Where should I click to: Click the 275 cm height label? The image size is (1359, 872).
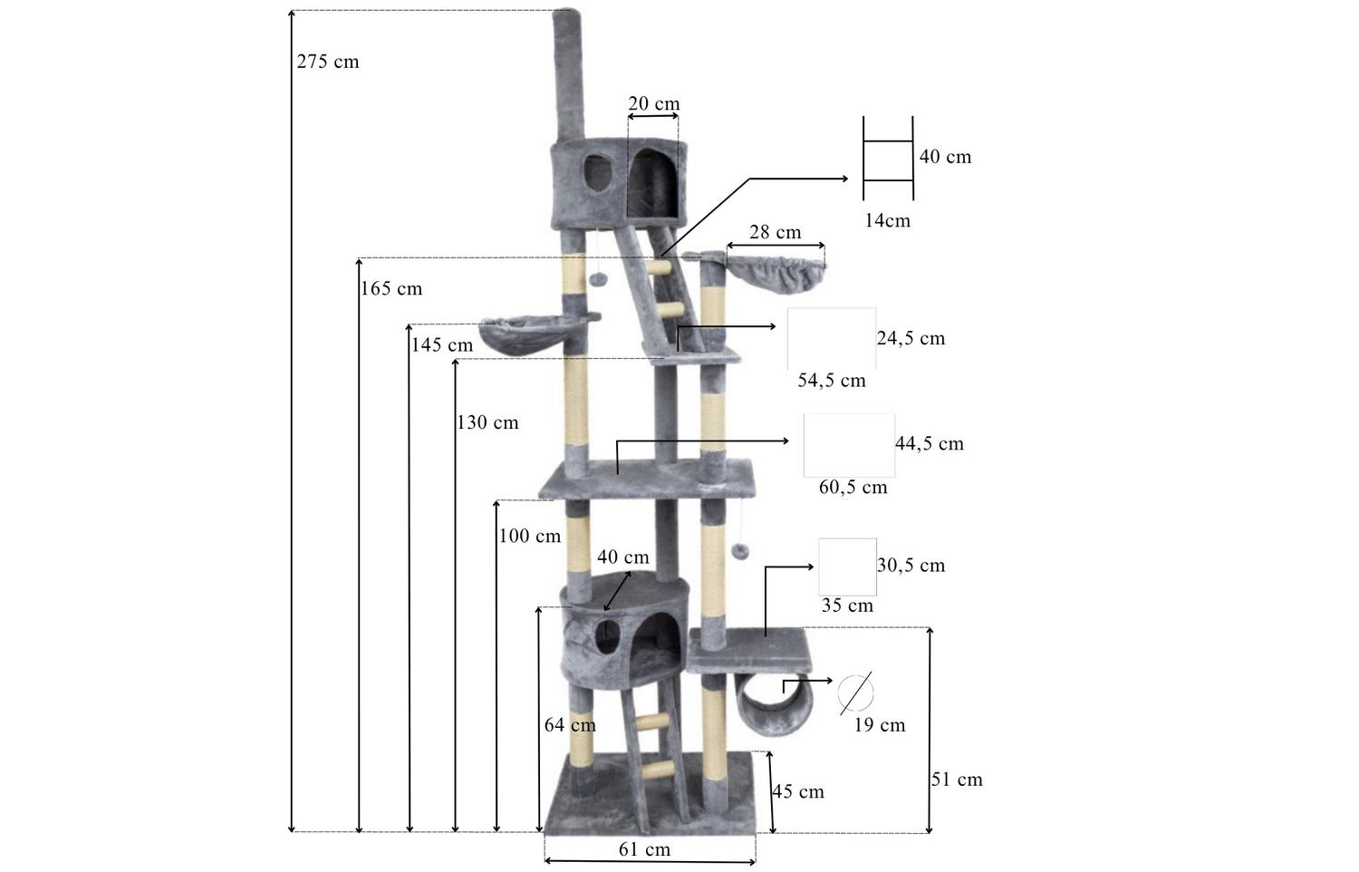tap(328, 62)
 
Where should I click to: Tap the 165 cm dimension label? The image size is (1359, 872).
tap(391, 289)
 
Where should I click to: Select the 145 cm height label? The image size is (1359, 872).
tap(442, 345)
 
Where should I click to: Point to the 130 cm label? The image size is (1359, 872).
tap(487, 422)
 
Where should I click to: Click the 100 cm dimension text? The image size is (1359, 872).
tap(530, 536)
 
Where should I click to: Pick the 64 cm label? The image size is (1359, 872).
tap(570, 725)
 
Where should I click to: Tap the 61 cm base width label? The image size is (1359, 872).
tap(644, 849)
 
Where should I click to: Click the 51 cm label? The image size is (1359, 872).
tap(957, 780)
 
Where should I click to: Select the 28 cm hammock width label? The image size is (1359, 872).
tap(775, 232)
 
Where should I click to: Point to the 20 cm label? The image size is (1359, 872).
tap(653, 103)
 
